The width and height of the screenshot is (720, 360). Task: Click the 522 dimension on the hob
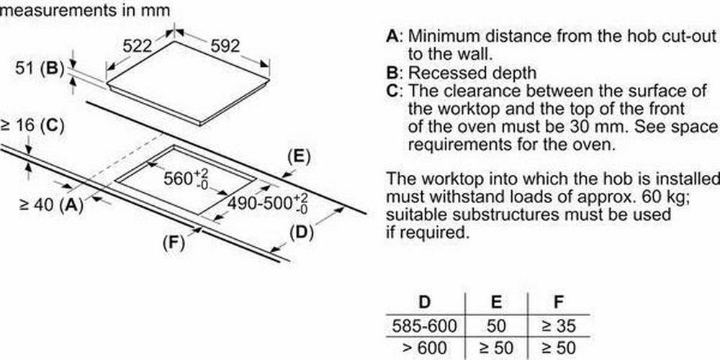[x=137, y=45]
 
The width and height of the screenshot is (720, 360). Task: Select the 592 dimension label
[x=225, y=45]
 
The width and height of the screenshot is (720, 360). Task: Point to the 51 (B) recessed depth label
[x=39, y=69]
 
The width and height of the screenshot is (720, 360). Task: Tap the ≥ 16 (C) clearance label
[x=32, y=126]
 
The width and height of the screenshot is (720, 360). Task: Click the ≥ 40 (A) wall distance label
[x=51, y=204]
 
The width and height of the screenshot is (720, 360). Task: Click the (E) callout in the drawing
[x=299, y=157]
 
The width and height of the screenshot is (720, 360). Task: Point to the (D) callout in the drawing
[x=301, y=233]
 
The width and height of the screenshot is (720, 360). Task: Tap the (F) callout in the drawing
[x=174, y=242]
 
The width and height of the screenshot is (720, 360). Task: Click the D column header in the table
[x=425, y=302]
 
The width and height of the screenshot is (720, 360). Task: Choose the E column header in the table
[x=496, y=302]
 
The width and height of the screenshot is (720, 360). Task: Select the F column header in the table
[x=559, y=302]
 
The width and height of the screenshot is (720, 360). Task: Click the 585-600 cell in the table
[x=425, y=326]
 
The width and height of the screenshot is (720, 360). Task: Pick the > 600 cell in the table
[x=425, y=347]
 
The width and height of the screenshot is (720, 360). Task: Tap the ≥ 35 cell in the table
[x=559, y=326]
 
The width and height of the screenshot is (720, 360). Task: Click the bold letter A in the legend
[x=392, y=36]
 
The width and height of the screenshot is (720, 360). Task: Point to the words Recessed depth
[x=472, y=73]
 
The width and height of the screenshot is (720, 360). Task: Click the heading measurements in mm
[x=86, y=10]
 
